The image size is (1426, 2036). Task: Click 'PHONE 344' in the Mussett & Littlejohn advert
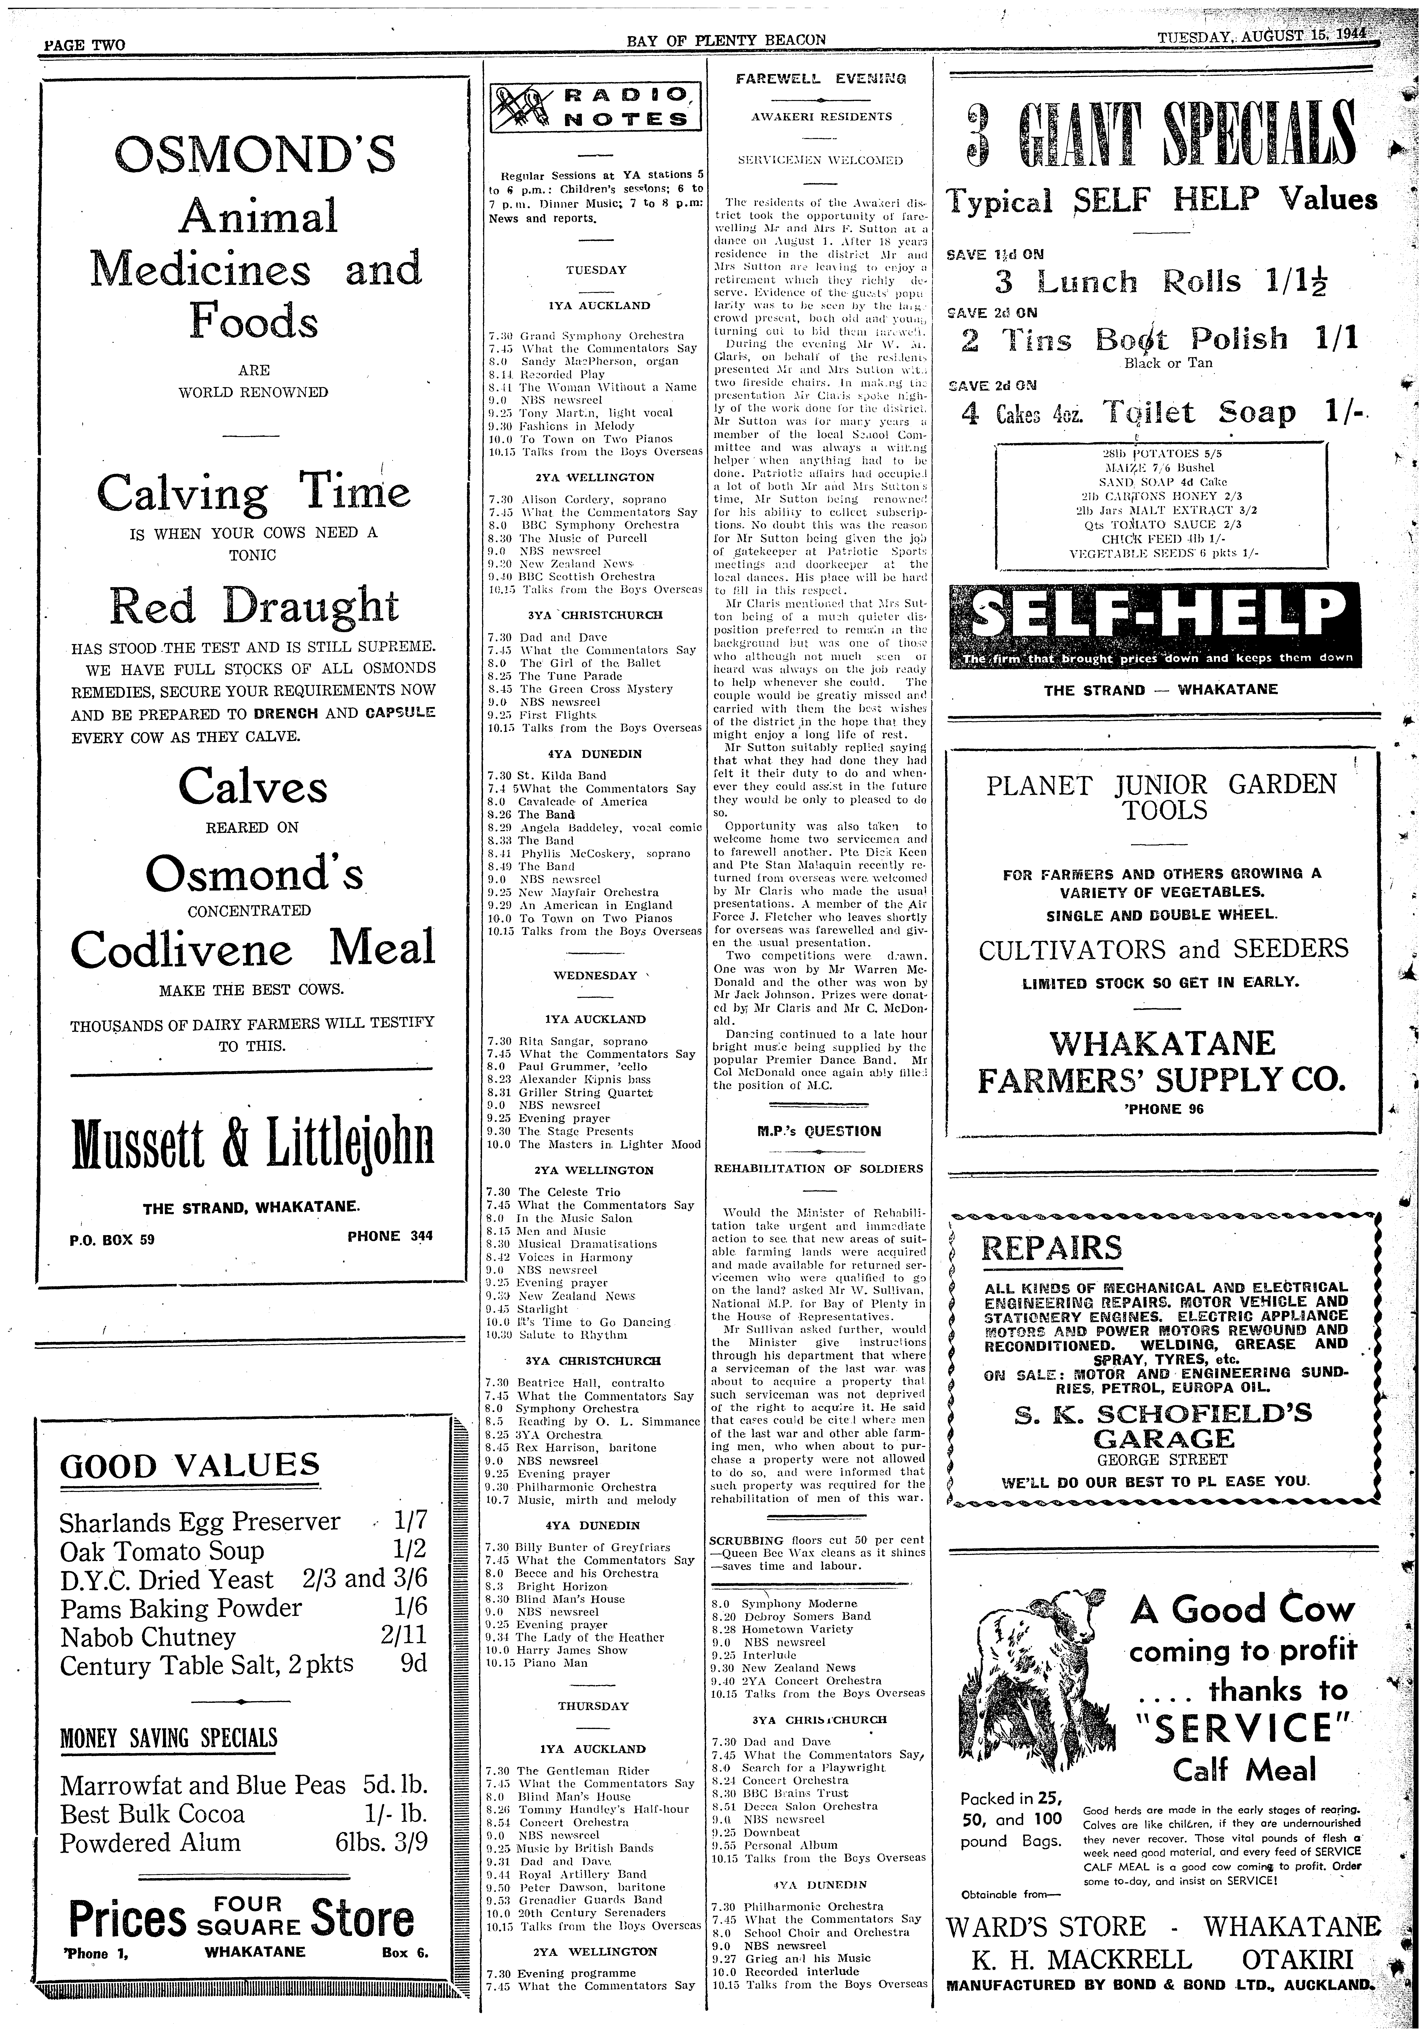pos(390,1236)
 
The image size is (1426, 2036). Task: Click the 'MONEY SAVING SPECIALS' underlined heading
pos(169,1736)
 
